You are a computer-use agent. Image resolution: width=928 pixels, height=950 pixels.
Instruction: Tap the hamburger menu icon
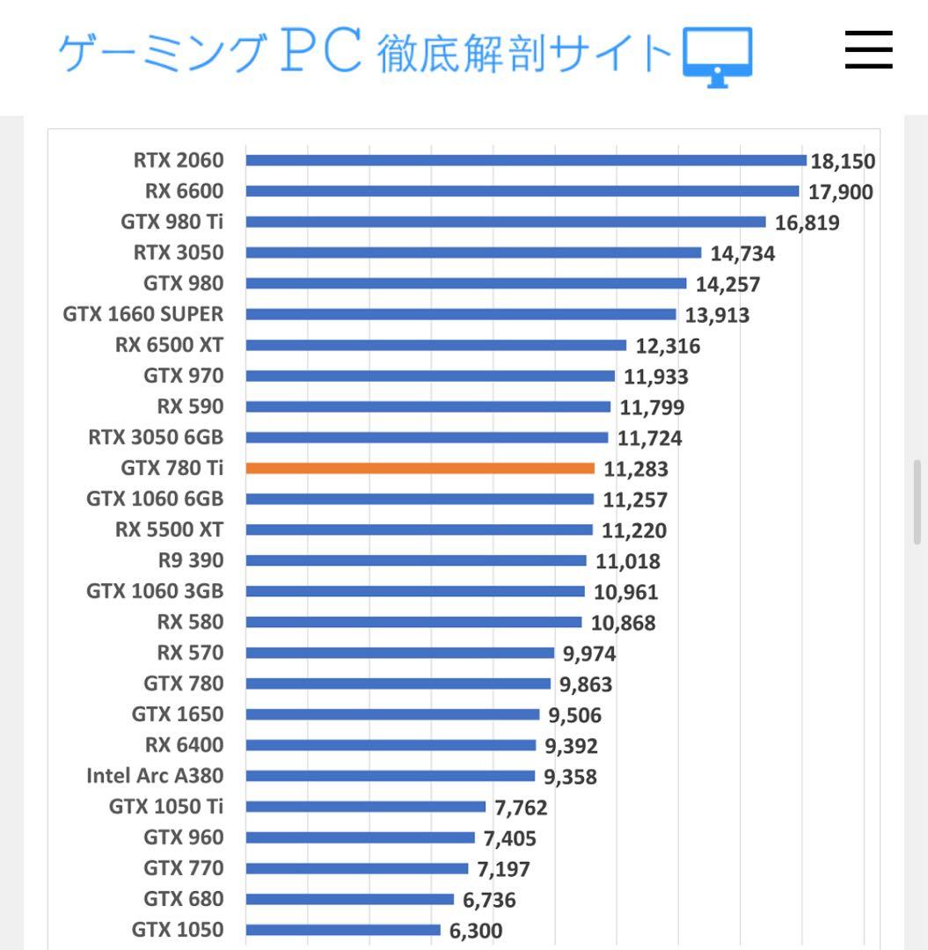[868, 50]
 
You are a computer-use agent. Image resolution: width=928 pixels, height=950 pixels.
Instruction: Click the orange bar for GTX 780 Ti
[420, 468]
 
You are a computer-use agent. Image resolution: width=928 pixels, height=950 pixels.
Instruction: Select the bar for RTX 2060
[525, 160]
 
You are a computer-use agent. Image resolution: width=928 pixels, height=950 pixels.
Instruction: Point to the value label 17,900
[840, 192]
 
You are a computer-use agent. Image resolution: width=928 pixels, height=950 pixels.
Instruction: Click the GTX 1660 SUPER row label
[143, 314]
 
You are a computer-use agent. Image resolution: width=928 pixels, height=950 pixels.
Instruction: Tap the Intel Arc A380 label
[155, 776]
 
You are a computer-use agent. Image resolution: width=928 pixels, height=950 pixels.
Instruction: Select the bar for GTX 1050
[343, 930]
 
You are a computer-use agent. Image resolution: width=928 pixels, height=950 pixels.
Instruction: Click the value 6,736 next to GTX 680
[489, 900]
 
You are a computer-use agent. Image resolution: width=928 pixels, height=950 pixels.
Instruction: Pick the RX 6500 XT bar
[435, 345]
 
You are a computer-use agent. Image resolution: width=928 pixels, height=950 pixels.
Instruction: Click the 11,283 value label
[636, 469]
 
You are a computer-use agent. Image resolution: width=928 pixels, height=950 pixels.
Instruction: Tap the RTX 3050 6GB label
[156, 437]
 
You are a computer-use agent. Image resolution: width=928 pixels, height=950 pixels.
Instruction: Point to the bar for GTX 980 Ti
[506, 222]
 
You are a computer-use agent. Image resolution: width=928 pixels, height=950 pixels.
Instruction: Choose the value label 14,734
[742, 253]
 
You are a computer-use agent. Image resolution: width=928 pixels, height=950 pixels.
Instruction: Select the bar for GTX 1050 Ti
[365, 807]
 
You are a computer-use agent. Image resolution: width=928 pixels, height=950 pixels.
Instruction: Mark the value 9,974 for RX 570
[588, 654]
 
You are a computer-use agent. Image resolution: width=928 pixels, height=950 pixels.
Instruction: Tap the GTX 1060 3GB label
[155, 591]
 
